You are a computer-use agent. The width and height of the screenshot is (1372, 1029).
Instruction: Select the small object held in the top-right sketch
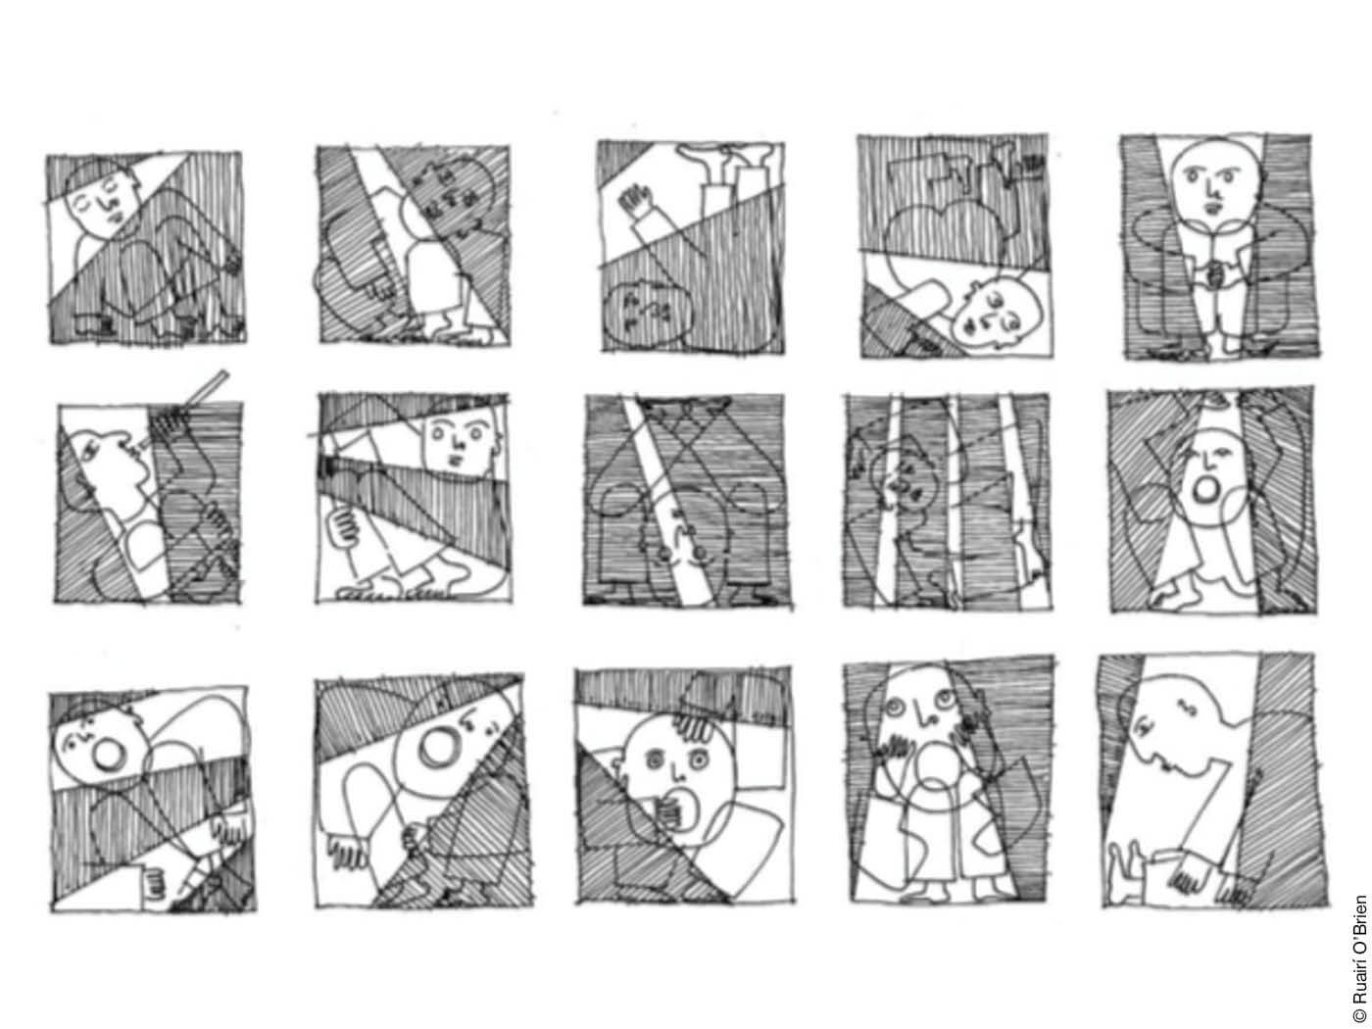pos(1217,272)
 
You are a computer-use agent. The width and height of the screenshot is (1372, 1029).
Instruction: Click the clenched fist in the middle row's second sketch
pos(344,528)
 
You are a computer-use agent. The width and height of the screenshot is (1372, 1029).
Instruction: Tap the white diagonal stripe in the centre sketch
pos(667,500)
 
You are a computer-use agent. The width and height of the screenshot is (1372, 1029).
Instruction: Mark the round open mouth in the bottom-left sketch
pos(108,755)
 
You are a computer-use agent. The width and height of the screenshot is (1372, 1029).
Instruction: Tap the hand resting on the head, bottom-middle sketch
pos(695,730)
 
